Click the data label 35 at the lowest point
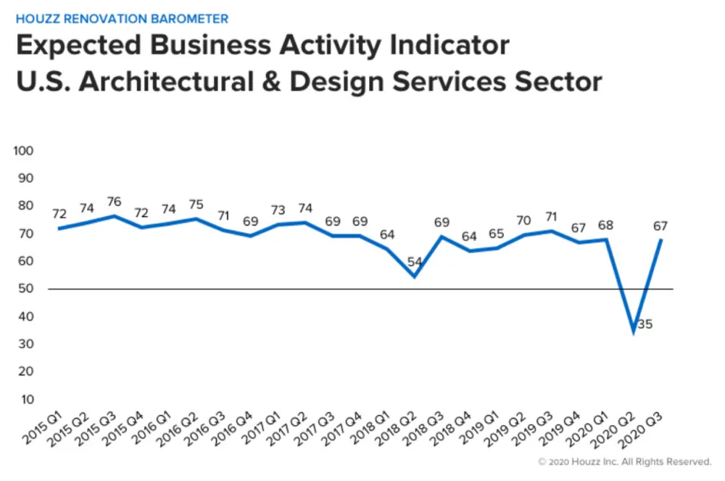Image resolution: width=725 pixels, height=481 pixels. pos(645,324)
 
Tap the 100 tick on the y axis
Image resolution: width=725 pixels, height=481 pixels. pos(25,151)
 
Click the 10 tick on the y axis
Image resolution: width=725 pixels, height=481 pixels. pos(27,399)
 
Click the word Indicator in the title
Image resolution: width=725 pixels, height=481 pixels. pos(443,46)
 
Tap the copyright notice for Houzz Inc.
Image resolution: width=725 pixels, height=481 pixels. pos(625,461)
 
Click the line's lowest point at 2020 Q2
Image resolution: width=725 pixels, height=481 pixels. pos(634,332)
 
